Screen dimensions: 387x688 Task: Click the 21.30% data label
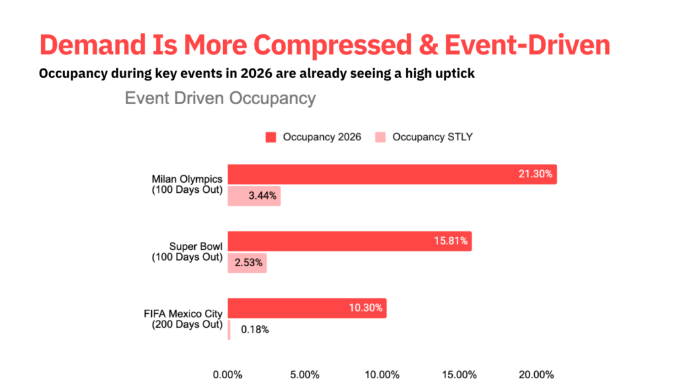pos(535,174)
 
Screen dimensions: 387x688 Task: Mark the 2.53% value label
pos(248,263)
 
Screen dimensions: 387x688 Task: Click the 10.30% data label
pos(365,308)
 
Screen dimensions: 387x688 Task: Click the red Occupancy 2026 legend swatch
pos(271,137)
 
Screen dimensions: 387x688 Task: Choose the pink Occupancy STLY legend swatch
pos(380,137)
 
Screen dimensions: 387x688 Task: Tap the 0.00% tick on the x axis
pos(226,374)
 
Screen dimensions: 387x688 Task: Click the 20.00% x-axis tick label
pos(537,374)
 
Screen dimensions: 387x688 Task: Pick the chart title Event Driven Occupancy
pos(220,98)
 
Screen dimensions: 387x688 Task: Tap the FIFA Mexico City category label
pos(183,313)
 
